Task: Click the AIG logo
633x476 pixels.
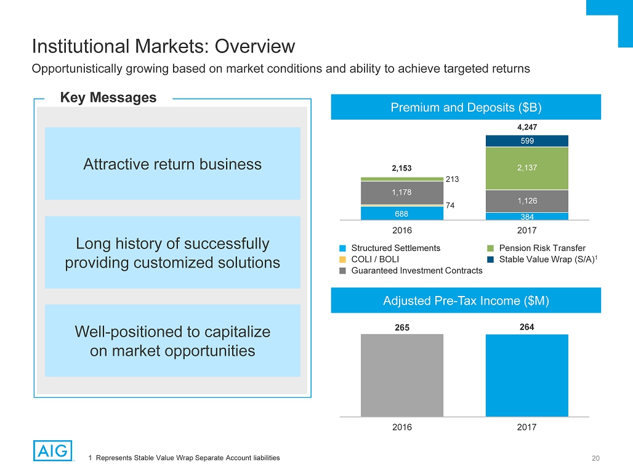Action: click(x=52, y=450)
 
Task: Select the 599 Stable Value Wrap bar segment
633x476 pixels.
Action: click(x=526, y=141)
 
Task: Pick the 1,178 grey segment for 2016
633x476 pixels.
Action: click(x=402, y=192)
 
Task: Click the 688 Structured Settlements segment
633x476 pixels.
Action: click(x=402, y=213)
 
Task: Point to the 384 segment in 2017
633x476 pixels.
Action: click(x=526, y=216)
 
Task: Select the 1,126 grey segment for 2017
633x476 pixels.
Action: click(x=526, y=200)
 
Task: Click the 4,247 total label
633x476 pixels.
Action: click(x=526, y=128)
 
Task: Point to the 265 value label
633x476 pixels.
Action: click(x=402, y=327)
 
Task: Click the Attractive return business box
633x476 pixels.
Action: click(x=172, y=164)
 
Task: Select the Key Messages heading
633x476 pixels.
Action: click(x=108, y=97)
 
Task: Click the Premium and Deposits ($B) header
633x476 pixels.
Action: click(x=466, y=107)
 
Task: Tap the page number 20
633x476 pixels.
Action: click(x=595, y=458)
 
